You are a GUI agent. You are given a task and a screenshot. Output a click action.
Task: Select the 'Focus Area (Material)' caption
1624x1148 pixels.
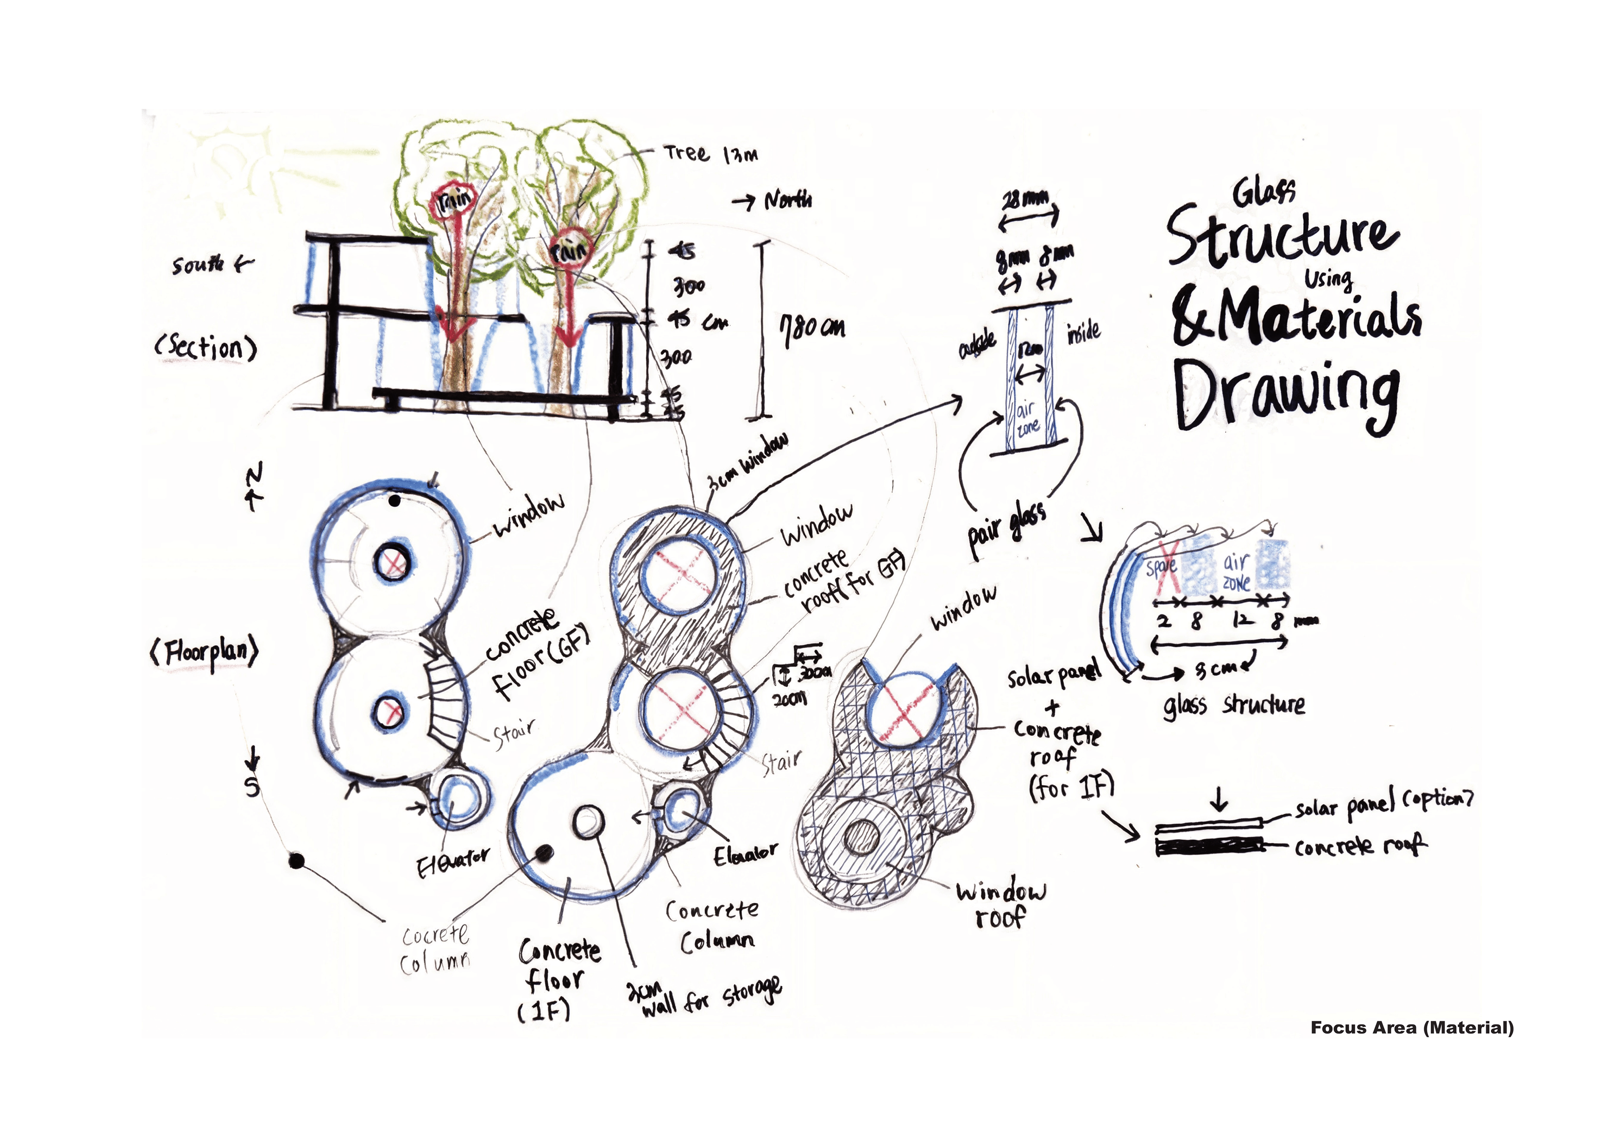[x=1411, y=1028]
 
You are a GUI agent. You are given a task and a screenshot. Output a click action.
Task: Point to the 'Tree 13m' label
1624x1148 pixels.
[x=710, y=153]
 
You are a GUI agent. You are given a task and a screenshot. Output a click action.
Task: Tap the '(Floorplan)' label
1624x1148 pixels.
[x=205, y=652]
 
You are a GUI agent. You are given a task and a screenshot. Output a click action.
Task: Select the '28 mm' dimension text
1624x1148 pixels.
[x=1026, y=200]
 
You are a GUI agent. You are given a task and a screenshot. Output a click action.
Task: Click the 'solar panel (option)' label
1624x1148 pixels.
[x=1383, y=804]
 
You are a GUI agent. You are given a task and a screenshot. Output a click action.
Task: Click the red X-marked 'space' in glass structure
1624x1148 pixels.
[x=1161, y=567]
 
